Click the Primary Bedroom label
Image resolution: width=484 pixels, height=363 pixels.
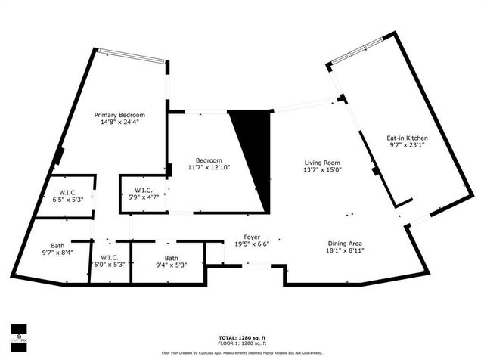point(119,115)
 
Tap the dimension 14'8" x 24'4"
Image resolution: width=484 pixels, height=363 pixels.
point(119,122)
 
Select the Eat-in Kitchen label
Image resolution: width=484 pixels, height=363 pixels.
point(407,138)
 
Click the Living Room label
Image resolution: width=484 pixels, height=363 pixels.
point(323,163)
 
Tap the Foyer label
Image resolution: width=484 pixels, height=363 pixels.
point(252,237)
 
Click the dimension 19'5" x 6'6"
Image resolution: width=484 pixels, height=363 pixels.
point(252,244)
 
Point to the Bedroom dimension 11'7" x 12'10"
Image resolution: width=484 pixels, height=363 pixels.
point(209,167)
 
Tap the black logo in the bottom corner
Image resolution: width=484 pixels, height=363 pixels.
point(19,333)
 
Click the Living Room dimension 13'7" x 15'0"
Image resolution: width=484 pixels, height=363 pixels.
point(323,169)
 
